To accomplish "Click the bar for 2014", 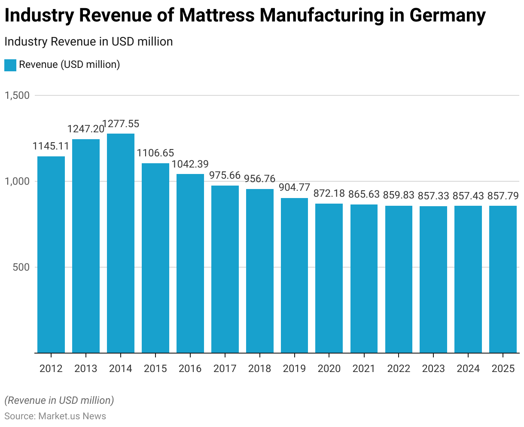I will tap(121, 243).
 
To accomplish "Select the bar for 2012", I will tap(51, 254).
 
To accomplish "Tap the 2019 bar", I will tap(294, 275).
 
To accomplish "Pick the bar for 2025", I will tap(503, 279).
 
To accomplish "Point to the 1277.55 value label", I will tap(121, 124).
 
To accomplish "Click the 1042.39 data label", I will tap(190, 164).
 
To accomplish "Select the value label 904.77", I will tap(294, 188).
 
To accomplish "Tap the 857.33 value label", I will tap(433, 196).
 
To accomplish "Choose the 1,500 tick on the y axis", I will tap(17, 95).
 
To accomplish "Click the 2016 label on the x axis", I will tap(190, 369).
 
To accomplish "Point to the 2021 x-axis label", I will tap(364, 369).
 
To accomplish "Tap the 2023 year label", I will tap(433, 369).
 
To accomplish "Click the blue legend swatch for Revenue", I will tap(10, 65).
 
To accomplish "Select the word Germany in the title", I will tap(447, 16).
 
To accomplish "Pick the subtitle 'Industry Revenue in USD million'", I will tap(88, 42).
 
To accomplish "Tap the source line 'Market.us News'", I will tap(72, 416).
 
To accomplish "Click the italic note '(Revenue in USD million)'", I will tap(59, 400).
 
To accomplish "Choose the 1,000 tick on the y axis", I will tap(17, 181).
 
